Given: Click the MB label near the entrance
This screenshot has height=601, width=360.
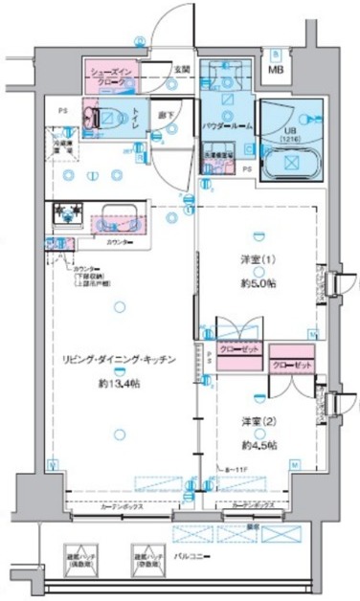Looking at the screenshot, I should (x=276, y=70).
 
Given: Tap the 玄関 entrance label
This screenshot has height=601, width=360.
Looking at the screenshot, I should (x=182, y=69).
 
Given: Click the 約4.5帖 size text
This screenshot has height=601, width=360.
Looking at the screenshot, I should (x=259, y=445).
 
